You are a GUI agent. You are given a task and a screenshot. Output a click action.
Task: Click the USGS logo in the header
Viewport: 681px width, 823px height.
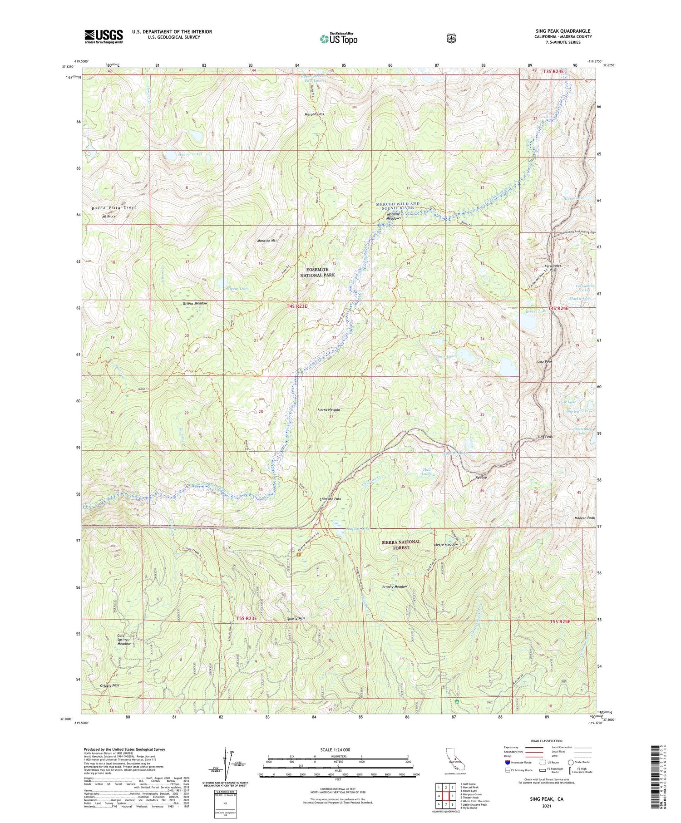[104, 36]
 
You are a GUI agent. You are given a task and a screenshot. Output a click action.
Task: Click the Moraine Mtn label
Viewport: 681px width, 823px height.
[267, 241]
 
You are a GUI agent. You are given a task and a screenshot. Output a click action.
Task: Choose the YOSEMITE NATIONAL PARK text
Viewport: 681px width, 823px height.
[317, 272]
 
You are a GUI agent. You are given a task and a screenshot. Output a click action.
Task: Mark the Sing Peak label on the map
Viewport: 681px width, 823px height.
[545, 437]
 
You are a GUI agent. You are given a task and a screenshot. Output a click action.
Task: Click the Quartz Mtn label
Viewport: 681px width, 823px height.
[296, 619]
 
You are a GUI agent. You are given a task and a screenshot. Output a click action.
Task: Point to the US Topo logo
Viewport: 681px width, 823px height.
[338, 39]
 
